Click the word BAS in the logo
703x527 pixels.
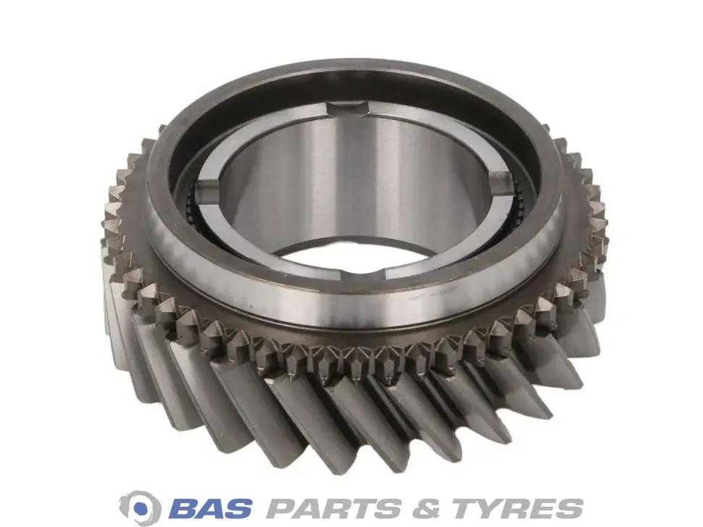click(210, 507)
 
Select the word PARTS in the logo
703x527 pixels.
click(334, 507)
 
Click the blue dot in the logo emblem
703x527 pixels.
click(141, 507)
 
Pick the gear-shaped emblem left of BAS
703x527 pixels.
click(141, 507)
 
